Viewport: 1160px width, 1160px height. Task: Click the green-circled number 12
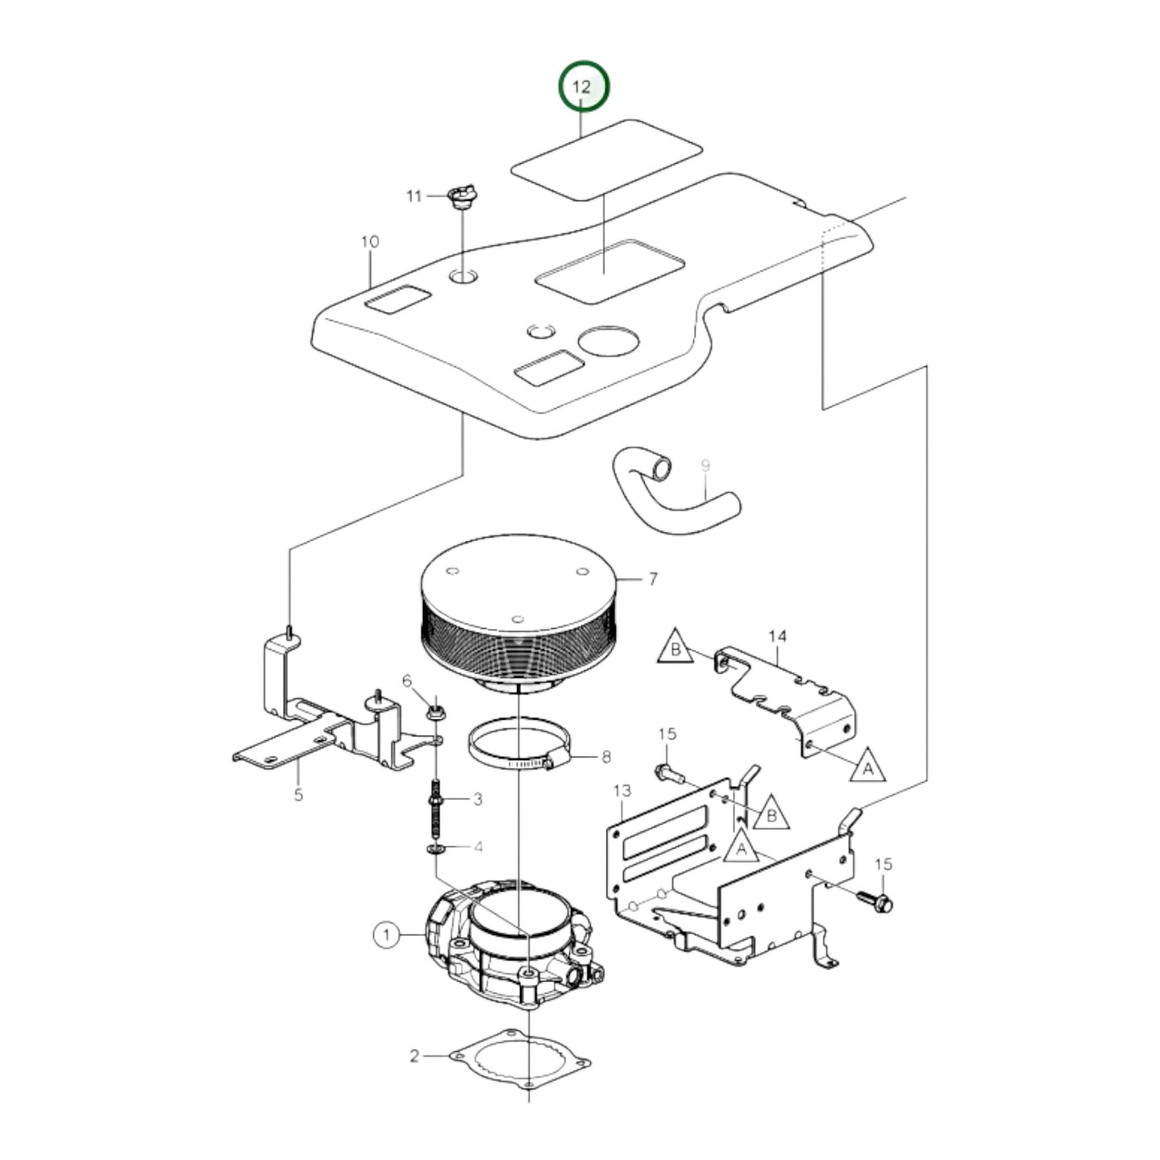584,86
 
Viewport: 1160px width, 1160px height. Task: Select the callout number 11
413,196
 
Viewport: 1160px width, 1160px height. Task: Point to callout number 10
370,242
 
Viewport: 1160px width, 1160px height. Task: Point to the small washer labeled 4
434,849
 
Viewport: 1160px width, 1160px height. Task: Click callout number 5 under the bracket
299,795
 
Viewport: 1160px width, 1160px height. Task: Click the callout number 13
622,790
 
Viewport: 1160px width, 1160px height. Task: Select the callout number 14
777,636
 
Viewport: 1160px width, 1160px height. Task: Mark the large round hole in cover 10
608,341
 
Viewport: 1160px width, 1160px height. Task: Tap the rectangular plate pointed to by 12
607,159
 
